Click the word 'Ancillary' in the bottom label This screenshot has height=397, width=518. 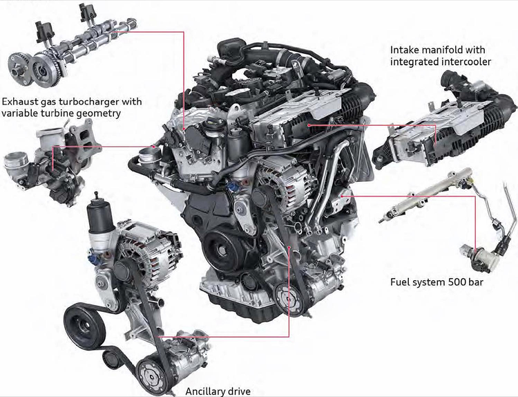(206, 391)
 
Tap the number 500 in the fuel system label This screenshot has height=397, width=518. (457, 282)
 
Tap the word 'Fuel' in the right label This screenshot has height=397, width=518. (399, 282)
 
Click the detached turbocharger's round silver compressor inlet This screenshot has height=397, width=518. (16, 163)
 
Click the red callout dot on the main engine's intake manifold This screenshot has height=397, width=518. (309, 125)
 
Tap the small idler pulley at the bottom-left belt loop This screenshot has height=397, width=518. (112, 358)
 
